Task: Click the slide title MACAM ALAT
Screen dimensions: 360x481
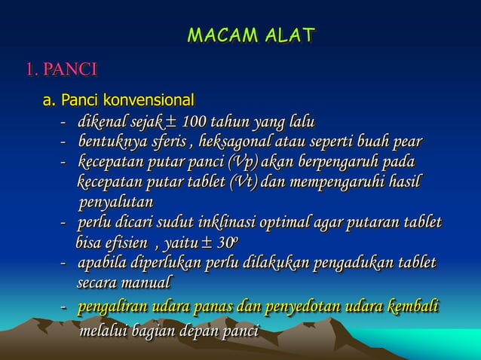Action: (251, 35)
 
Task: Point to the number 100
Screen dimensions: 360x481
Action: (195, 122)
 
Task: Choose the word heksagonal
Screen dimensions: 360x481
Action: (231, 142)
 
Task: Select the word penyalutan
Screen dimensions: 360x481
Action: (115, 203)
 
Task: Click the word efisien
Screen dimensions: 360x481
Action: (125, 243)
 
